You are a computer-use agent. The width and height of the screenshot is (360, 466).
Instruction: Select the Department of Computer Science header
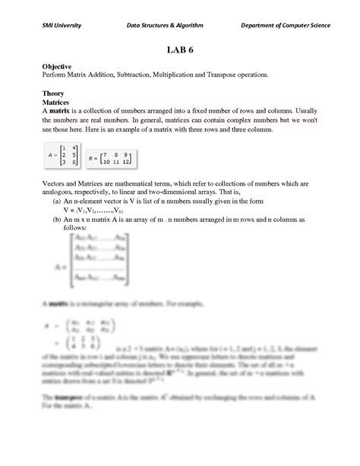(286, 25)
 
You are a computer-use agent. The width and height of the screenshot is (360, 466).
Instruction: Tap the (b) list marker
(57, 219)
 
